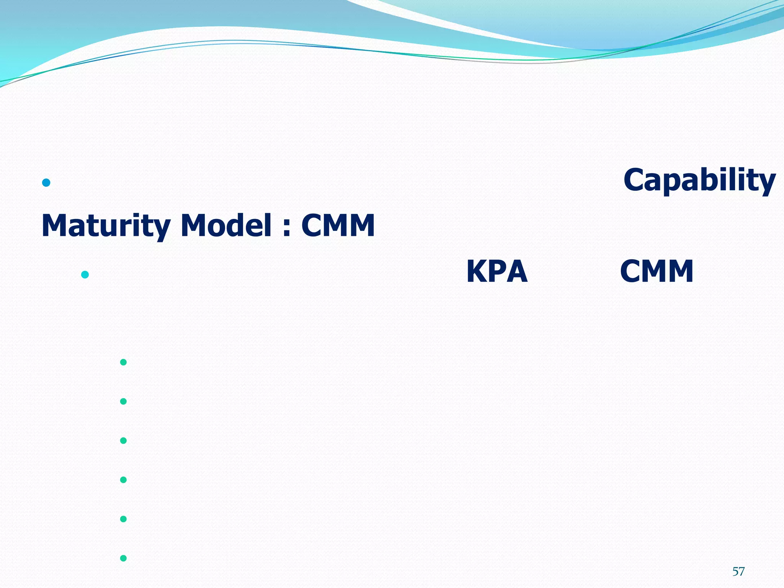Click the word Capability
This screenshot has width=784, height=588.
click(x=699, y=180)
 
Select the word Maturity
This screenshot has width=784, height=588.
click(x=106, y=225)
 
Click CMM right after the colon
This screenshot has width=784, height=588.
click(x=338, y=225)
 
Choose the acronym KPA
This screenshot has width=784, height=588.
click(x=497, y=271)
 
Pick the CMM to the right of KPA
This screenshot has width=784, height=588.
click(x=657, y=271)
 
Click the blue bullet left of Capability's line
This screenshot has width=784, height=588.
click(x=46, y=183)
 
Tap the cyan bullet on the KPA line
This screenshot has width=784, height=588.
click(x=85, y=274)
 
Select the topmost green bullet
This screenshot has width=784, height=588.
click(x=123, y=362)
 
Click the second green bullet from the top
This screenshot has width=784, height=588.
click(x=123, y=401)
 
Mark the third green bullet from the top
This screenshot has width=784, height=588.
click(x=123, y=441)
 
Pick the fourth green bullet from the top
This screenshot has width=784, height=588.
click(x=123, y=480)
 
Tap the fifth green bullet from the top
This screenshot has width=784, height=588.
click(x=123, y=519)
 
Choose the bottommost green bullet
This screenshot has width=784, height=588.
click(x=123, y=558)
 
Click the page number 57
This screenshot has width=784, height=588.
click(x=738, y=572)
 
